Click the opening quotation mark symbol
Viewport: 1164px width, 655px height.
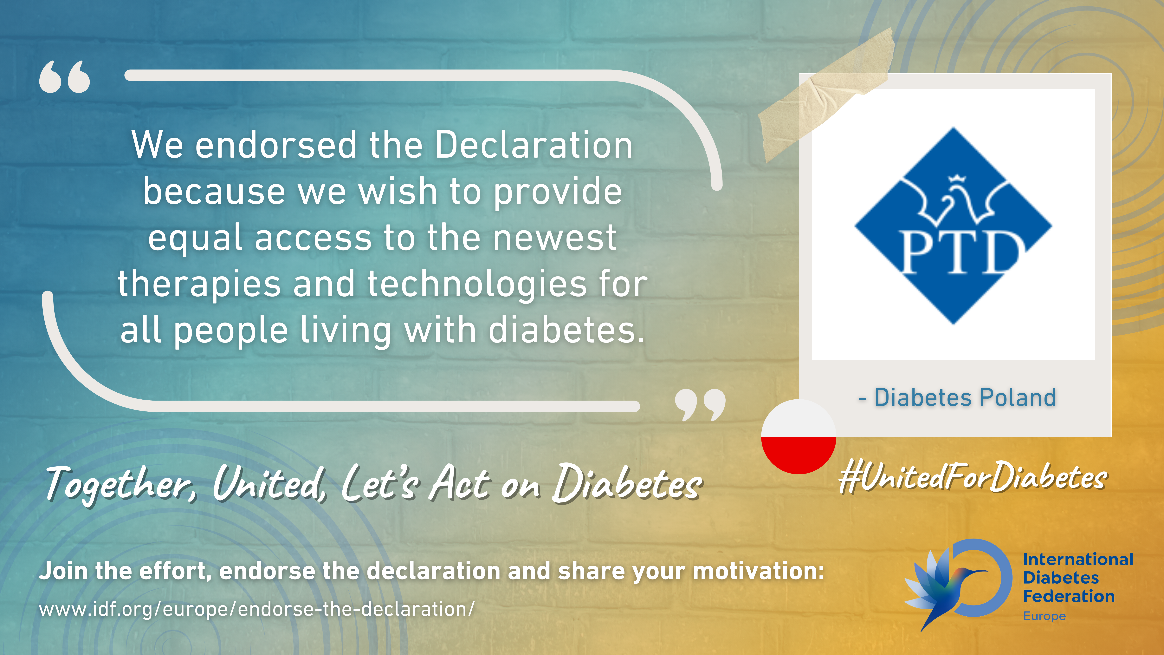click(x=65, y=77)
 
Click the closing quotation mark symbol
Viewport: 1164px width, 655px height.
click(x=700, y=405)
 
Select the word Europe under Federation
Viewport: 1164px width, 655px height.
click(x=1044, y=616)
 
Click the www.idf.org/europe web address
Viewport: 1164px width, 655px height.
click(x=257, y=609)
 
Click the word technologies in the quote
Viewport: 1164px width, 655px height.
click(x=477, y=284)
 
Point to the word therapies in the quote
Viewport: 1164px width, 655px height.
click(x=199, y=284)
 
